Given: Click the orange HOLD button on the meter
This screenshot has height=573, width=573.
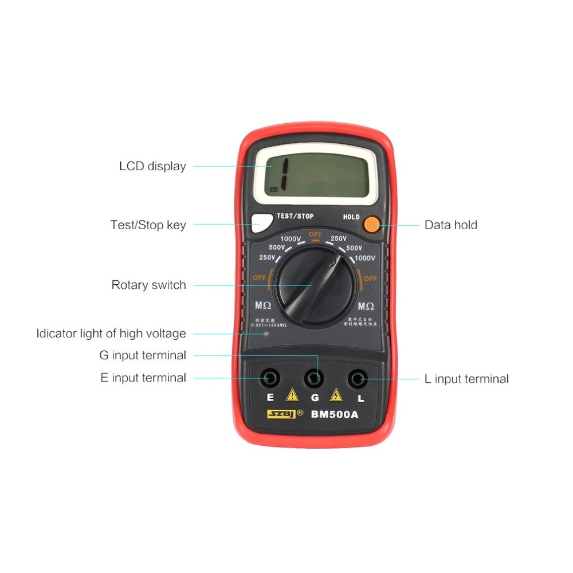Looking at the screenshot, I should click(x=372, y=224).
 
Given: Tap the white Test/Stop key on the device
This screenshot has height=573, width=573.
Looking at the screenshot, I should click(x=261, y=223).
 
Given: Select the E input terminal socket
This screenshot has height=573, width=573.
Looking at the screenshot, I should click(x=270, y=378).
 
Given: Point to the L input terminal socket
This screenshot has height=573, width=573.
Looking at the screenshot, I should click(x=358, y=378).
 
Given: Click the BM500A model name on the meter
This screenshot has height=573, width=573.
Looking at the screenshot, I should click(x=334, y=415).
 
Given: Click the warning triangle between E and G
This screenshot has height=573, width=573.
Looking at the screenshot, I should click(x=292, y=395).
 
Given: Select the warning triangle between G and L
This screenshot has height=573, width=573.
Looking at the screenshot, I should click(x=336, y=395).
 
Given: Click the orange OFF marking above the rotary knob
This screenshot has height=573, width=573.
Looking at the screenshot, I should click(x=315, y=235).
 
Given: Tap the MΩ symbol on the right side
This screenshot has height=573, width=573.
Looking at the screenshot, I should click(x=366, y=306).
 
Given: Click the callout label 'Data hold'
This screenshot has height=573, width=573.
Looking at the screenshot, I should click(x=450, y=225).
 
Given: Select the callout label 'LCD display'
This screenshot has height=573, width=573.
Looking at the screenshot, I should click(x=152, y=166).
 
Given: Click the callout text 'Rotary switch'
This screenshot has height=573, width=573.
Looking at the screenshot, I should click(x=148, y=285).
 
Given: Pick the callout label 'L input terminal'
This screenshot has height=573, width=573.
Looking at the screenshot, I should click(x=466, y=379).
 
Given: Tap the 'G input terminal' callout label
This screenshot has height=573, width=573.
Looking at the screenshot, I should click(x=142, y=355).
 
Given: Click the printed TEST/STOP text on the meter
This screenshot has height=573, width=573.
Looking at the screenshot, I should click(x=295, y=216).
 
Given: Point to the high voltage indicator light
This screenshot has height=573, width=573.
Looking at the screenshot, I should click(x=265, y=332).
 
